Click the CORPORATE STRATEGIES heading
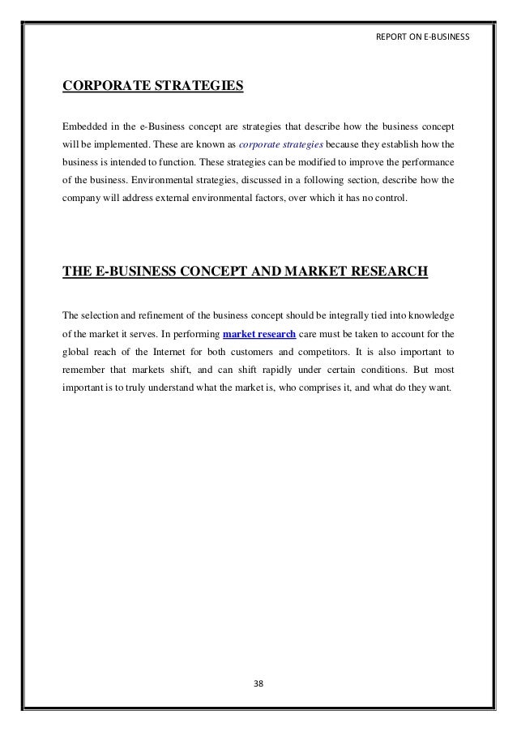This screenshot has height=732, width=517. (152, 83)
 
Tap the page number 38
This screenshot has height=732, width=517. (259, 683)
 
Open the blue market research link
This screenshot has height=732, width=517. (258, 333)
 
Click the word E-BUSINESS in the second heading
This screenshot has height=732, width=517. (130, 270)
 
